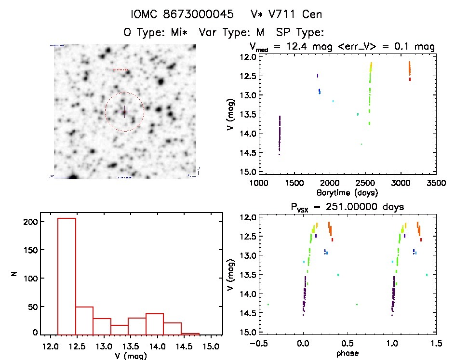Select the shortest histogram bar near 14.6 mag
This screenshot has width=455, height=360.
(190, 333)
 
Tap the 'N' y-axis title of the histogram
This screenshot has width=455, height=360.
(14, 274)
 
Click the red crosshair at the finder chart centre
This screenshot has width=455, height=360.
(124, 112)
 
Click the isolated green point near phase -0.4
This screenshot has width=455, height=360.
(268, 305)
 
